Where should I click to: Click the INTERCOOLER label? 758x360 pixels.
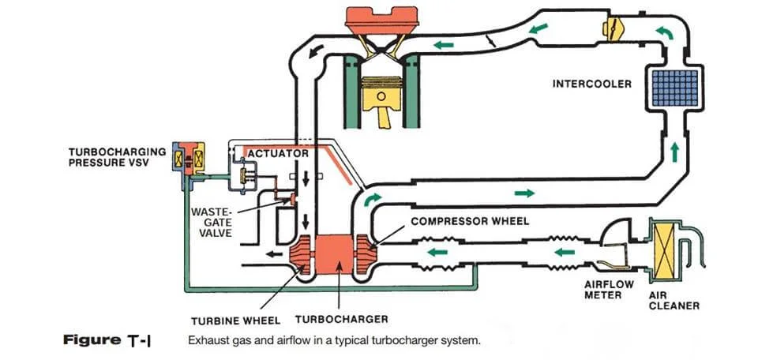[x=592, y=84]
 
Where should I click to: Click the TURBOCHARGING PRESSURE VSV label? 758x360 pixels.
[x=117, y=156]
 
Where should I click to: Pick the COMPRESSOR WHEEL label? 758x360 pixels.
[x=469, y=222]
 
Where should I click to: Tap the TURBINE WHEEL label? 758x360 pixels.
[x=235, y=321]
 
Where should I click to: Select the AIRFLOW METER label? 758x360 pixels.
[x=603, y=290]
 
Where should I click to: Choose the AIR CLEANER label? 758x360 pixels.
[x=674, y=301]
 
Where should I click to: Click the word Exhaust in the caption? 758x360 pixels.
[x=207, y=342]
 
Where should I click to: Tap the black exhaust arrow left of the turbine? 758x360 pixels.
[x=276, y=254]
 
